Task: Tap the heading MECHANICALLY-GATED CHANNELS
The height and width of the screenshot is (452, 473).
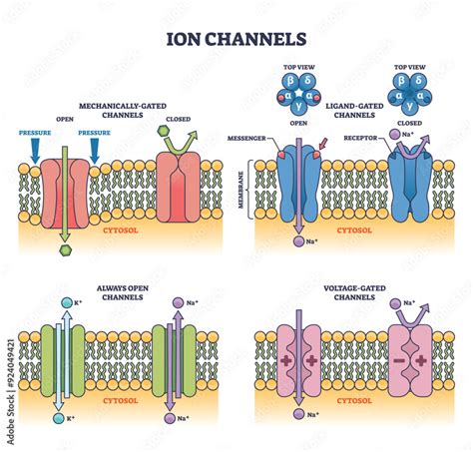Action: click(123, 109)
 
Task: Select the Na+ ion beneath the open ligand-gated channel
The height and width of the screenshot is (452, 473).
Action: click(297, 242)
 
